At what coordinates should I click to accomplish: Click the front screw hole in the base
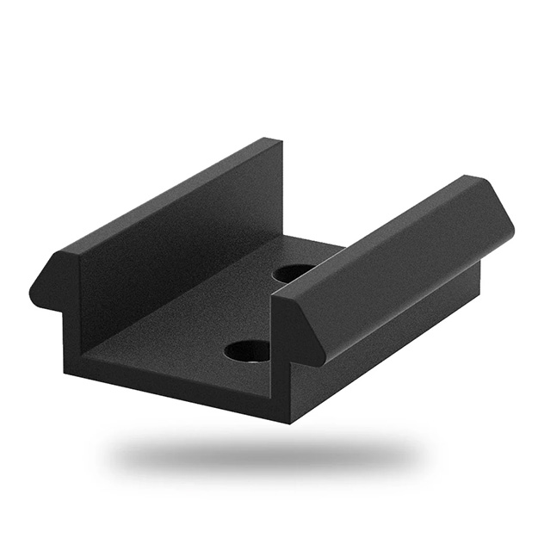click(x=247, y=350)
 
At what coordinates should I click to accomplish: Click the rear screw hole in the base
click(x=294, y=273)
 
